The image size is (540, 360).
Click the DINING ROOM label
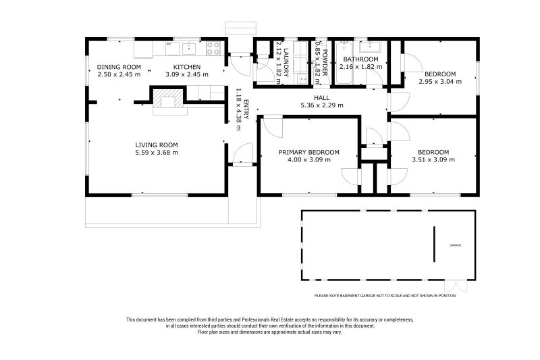point(119,66)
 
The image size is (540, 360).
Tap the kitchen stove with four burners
point(213,49)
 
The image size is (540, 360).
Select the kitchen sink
point(189,48)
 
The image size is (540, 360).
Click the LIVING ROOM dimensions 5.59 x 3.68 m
point(156,153)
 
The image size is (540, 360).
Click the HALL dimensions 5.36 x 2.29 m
point(322,105)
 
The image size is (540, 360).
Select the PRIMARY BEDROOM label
point(309,152)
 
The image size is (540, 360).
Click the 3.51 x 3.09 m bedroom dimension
point(433,160)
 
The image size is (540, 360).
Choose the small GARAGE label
point(456,245)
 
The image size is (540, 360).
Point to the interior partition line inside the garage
point(433,244)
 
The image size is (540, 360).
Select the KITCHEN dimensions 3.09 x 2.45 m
point(186,74)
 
